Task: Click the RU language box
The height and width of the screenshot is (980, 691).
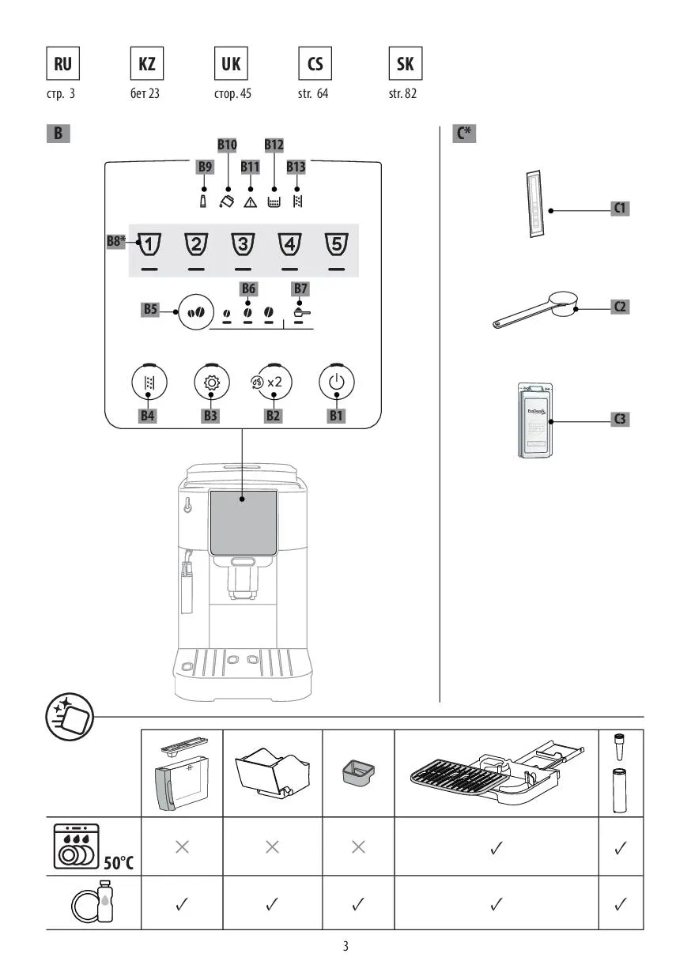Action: pyautogui.click(x=62, y=64)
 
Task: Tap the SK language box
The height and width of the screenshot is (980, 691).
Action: pyautogui.click(x=405, y=64)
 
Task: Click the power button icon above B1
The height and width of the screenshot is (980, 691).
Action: pyautogui.click(x=337, y=382)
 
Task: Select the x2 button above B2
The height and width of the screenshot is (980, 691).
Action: pyautogui.click(x=272, y=382)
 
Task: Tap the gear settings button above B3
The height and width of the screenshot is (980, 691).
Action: pyautogui.click(x=211, y=383)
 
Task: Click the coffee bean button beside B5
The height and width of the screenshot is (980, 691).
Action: pyautogui.click(x=195, y=311)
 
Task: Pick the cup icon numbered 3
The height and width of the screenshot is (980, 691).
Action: pyautogui.click(x=243, y=245)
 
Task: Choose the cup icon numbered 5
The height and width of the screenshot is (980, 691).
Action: pyautogui.click(x=337, y=245)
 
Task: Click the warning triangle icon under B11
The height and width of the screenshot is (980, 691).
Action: pyautogui.click(x=250, y=202)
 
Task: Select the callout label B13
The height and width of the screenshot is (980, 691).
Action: pyautogui.click(x=296, y=167)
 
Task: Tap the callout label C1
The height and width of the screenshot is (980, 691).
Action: pyautogui.click(x=621, y=209)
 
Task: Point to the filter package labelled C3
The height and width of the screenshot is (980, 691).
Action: pyautogui.click(x=536, y=420)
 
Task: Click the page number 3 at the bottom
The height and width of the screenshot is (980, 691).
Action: pyautogui.click(x=345, y=946)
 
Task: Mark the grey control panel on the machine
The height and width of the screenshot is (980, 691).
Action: pyautogui.click(x=243, y=522)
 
